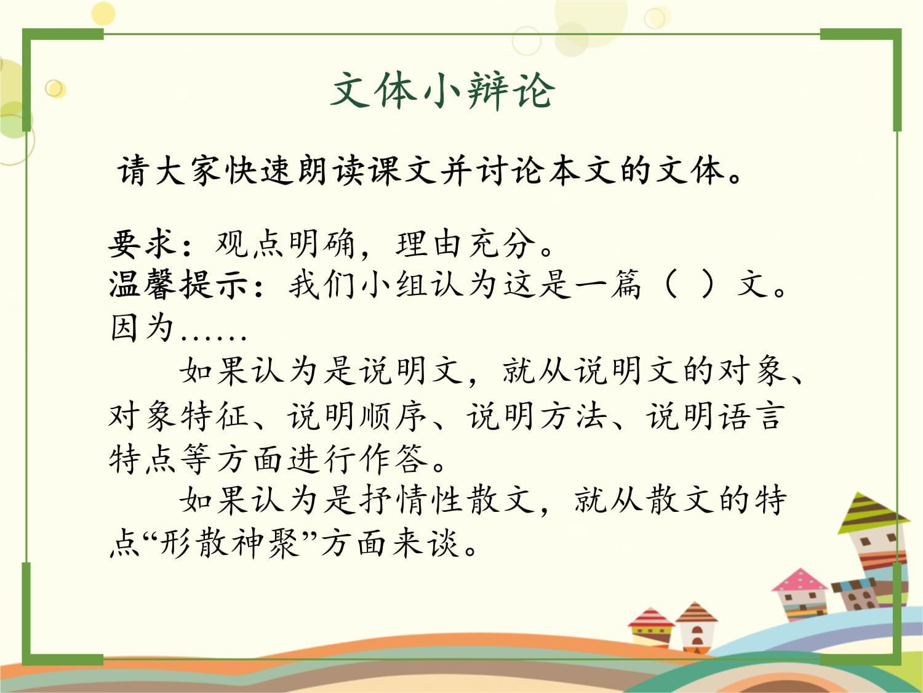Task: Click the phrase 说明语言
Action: point(715,416)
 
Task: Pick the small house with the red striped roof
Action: point(650,628)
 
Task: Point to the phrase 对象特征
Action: point(178,416)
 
